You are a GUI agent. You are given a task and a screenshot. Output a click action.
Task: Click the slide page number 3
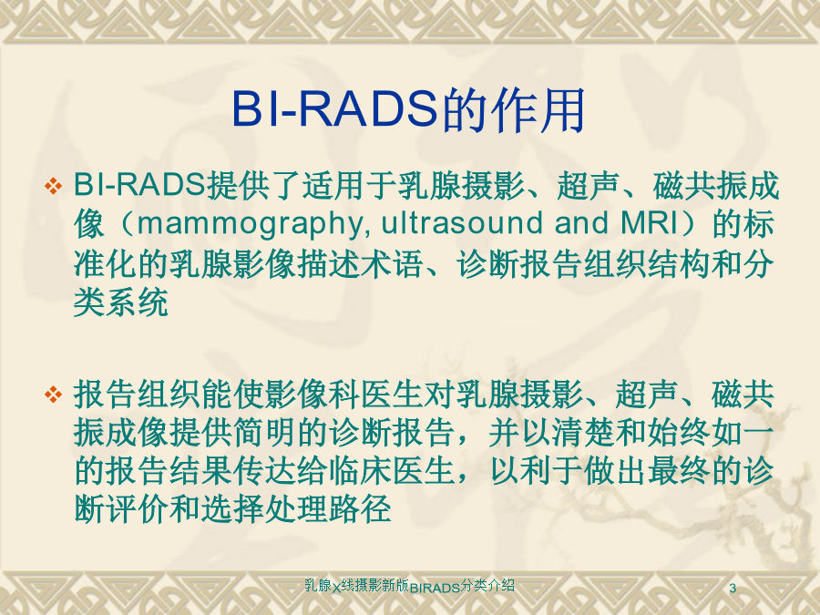[733, 588]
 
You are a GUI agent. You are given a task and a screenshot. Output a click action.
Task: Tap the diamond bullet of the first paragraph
[54, 186]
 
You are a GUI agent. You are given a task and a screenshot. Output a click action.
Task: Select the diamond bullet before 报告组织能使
[54, 395]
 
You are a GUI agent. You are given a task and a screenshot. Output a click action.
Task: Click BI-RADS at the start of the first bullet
[138, 185]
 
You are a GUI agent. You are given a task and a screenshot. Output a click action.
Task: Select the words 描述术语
[360, 264]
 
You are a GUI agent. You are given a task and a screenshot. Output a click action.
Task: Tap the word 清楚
[584, 433]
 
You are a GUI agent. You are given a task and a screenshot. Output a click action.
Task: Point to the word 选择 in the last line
[232, 508]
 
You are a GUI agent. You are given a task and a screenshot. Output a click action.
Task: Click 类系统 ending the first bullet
[121, 302]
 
